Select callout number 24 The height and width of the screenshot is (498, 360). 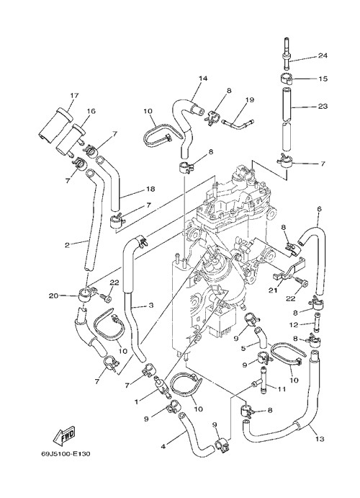click(323, 56)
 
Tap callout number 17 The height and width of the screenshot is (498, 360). click(75, 95)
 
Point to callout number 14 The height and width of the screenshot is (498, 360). click(203, 78)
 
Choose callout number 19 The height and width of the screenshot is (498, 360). click(250, 99)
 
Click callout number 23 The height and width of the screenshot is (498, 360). click(323, 106)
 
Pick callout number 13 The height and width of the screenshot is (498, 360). click(320, 439)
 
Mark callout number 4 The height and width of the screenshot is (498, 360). click(163, 446)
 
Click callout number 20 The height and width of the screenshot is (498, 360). click(53, 295)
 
